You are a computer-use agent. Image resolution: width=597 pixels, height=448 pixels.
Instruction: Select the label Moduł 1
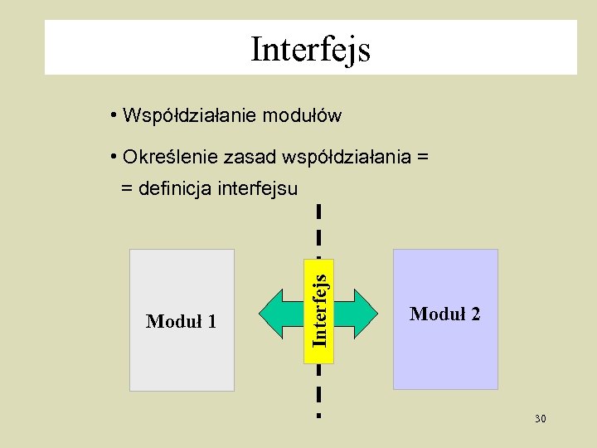tap(181, 321)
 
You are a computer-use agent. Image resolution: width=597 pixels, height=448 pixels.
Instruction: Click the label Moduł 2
tap(444, 314)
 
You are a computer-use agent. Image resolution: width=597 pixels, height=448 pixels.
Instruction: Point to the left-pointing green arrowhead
tap(272, 313)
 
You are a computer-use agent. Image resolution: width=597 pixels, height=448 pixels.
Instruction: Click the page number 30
tap(540, 419)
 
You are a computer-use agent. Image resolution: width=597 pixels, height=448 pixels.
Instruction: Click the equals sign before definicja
tap(127, 189)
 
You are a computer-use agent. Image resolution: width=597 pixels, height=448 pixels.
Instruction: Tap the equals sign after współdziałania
tap(423, 156)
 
